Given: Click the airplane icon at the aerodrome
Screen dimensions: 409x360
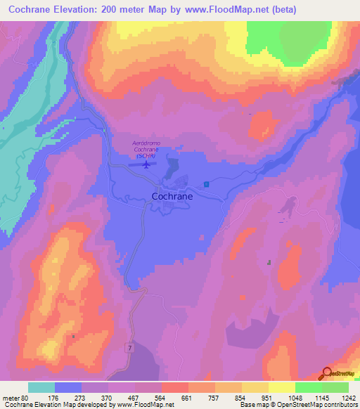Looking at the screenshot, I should click(x=146, y=165).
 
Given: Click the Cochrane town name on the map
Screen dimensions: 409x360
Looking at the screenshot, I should click(x=172, y=197).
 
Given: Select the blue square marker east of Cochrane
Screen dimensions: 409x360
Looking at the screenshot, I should click(x=207, y=184).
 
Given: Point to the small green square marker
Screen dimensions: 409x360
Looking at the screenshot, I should click(x=269, y=262).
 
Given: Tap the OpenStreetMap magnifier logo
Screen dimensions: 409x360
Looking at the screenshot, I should click(x=328, y=374).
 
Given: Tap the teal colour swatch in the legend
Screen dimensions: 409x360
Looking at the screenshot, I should click(x=41, y=387).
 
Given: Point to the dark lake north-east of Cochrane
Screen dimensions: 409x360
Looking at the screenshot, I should click(x=172, y=169).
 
